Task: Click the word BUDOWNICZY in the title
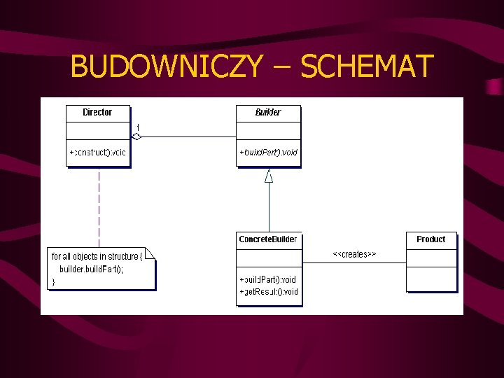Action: [x=167, y=67]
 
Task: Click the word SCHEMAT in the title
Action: [x=367, y=67]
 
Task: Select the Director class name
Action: [x=97, y=113]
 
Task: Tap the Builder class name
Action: [x=268, y=113]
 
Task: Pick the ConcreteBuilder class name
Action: [x=268, y=239]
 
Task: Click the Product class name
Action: [x=430, y=239]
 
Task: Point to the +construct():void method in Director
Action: [x=97, y=152]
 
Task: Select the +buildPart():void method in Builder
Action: [x=268, y=152]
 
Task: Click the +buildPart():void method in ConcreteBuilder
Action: [x=268, y=279]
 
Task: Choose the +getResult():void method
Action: [x=269, y=292]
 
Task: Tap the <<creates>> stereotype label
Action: [x=354, y=254]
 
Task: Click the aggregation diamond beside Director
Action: [x=136, y=136]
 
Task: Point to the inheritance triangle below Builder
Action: [x=269, y=176]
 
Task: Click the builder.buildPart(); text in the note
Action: [x=91, y=269]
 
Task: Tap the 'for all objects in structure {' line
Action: [x=97, y=257]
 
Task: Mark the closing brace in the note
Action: [x=53, y=282]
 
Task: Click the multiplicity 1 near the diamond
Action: [x=138, y=127]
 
